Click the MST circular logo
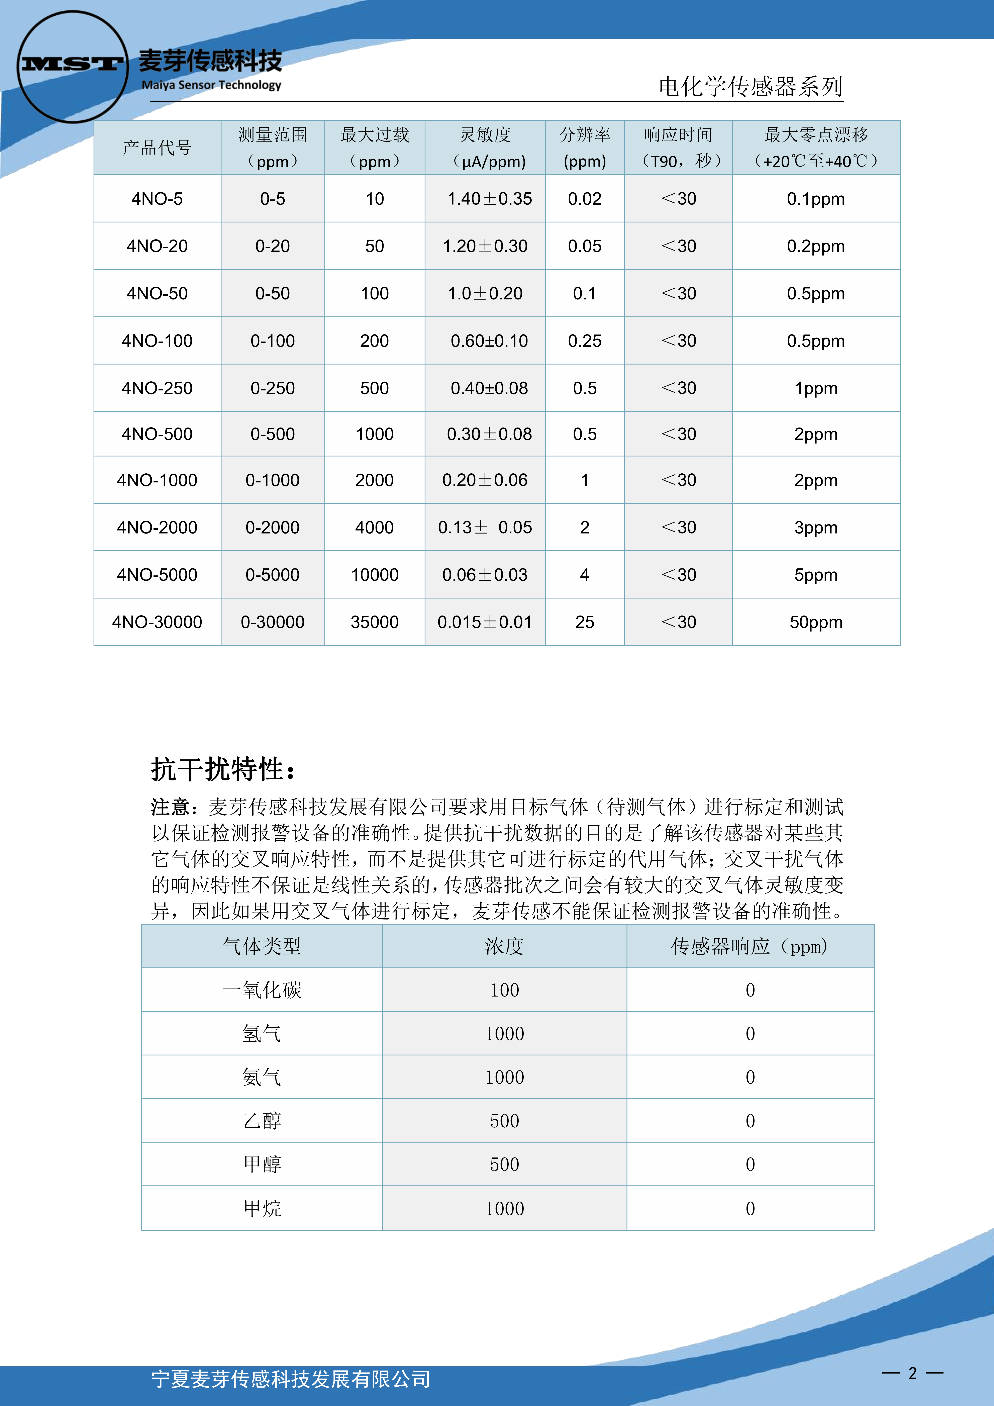[x=72, y=66]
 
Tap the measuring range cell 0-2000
[x=273, y=527]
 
